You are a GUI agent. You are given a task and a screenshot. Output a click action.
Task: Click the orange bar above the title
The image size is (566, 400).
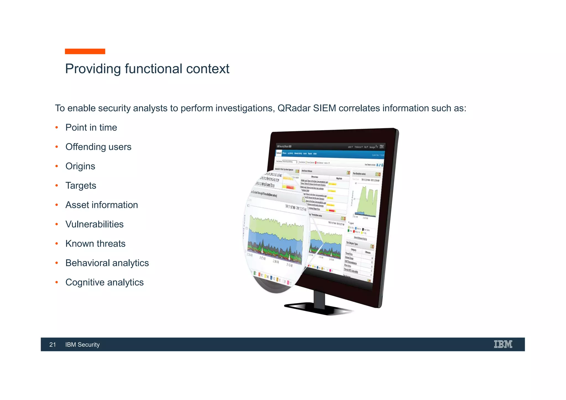[x=85, y=51]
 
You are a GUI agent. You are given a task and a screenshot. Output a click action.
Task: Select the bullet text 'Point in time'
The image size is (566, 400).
[x=91, y=128]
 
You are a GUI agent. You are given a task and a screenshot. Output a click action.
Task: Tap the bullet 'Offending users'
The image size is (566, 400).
[x=98, y=147]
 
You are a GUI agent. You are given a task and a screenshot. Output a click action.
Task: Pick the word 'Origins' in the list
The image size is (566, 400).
[x=80, y=166]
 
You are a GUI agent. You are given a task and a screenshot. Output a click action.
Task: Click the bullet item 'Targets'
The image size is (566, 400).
[x=81, y=186]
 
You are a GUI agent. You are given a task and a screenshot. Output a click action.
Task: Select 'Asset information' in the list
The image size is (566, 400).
[x=101, y=205]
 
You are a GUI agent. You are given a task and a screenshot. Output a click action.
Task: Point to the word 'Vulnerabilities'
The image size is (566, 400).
[x=94, y=224]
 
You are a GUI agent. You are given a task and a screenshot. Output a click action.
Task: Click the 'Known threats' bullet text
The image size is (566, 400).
[x=95, y=244]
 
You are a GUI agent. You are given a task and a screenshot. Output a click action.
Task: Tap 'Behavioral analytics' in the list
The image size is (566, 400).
[x=107, y=263]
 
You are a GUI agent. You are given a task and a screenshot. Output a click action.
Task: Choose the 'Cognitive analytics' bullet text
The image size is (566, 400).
[x=104, y=282]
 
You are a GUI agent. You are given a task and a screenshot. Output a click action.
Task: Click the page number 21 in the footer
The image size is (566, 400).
[x=53, y=344]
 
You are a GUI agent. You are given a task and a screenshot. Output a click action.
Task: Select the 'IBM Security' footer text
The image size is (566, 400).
[x=82, y=344]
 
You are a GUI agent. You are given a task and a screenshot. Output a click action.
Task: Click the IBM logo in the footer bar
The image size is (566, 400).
[x=503, y=344]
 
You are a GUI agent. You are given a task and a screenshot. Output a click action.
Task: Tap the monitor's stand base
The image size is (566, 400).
[x=318, y=309]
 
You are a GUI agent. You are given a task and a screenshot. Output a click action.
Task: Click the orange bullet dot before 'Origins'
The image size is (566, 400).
[x=57, y=166]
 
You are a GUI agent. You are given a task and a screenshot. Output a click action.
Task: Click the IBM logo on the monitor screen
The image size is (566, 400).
[x=382, y=147]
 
